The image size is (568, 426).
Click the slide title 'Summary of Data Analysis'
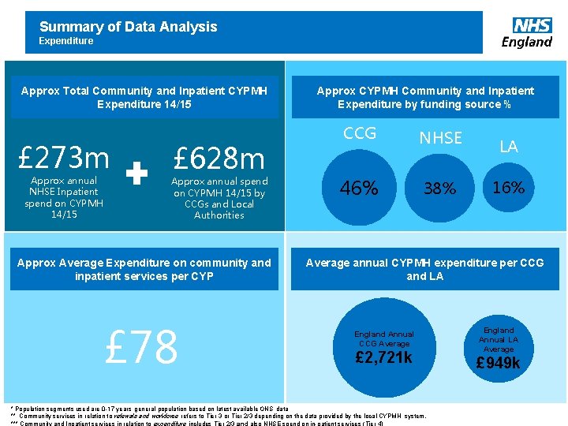[x=128, y=27]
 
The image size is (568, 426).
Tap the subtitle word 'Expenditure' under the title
[x=66, y=41]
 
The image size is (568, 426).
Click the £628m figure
[x=219, y=159]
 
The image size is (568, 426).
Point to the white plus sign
[x=138, y=174]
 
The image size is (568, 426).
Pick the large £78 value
[x=143, y=347]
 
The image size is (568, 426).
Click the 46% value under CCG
[x=359, y=188]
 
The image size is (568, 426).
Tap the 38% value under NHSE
[x=439, y=189]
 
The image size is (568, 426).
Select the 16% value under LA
[x=508, y=187]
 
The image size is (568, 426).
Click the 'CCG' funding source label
[x=360, y=133]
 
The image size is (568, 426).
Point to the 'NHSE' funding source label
[x=440, y=138]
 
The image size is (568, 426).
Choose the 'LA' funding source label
[x=509, y=146]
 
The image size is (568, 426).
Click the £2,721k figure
[x=383, y=358]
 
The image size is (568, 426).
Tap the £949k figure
[x=498, y=363]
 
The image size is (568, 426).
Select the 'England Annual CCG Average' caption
[x=383, y=339]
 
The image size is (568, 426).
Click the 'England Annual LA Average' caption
[x=498, y=339]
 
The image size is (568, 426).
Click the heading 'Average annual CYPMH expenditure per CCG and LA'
[x=424, y=269]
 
